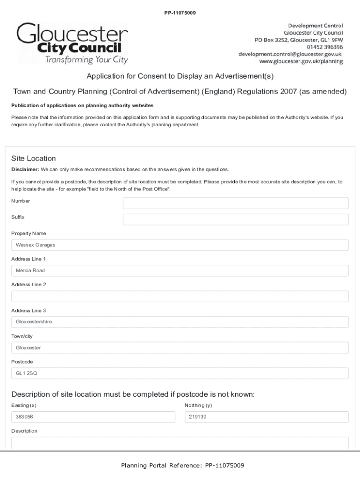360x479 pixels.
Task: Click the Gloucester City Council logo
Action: pyautogui.click(x=72, y=43)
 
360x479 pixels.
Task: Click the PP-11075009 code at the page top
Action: pyautogui.click(x=180, y=13)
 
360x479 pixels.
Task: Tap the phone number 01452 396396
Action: pyautogui.click(x=325, y=47)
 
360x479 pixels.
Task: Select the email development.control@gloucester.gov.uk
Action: pyautogui.click(x=290, y=54)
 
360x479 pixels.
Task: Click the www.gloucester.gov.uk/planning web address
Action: pyautogui.click(x=301, y=61)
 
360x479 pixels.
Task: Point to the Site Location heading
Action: pyautogui.click(x=33, y=158)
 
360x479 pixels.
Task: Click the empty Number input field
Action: pyautogui.click(x=235, y=203)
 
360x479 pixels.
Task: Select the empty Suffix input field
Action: pyautogui.click(x=235, y=219)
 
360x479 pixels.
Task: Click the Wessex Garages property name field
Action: pyautogui.click(x=180, y=245)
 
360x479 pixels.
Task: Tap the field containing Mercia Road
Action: pyautogui.click(x=180, y=270)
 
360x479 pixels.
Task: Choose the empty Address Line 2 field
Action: pyautogui.click(x=180, y=297)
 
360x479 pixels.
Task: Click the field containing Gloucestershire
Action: pyautogui.click(x=180, y=322)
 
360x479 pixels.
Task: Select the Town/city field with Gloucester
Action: pyautogui.click(x=180, y=348)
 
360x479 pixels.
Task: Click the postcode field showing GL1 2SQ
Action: pyautogui.click(x=180, y=373)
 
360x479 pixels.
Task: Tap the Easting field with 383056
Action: pyautogui.click(x=93, y=417)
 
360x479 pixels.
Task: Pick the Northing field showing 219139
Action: pyautogui.click(x=266, y=417)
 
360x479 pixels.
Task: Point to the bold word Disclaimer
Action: pyautogui.click(x=25, y=169)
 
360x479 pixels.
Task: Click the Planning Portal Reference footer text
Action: pyautogui.click(x=182, y=465)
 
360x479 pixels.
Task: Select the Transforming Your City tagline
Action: pyautogui.click(x=86, y=59)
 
